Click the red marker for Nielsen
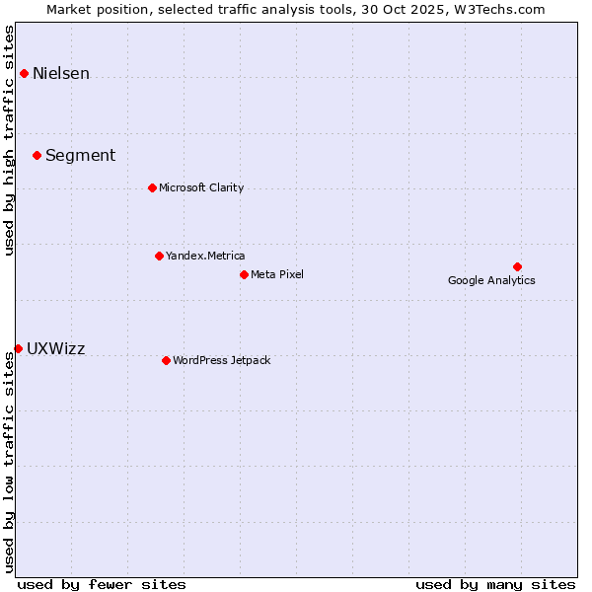click(x=24, y=73)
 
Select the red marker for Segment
click(x=37, y=155)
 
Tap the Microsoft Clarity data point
click(x=152, y=187)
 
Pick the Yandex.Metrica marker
click(x=159, y=256)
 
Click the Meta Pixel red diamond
click(x=244, y=274)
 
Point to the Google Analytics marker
click(x=517, y=266)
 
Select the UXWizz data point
click(x=18, y=348)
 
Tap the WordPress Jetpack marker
click(x=166, y=360)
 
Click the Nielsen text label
click(x=61, y=73)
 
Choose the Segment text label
click(x=80, y=155)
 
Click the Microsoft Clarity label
click(x=201, y=187)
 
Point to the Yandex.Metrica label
click(x=205, y=256)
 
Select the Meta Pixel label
click(x=277, y=274)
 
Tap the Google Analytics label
click(x=491, y=280)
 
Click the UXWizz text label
click(x=55, y=348)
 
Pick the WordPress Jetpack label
click(x=221, y=360)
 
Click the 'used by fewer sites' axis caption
click(x=102, y=584)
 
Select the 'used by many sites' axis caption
click(x=495, y=584)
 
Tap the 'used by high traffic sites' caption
click(x=9, y=139)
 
